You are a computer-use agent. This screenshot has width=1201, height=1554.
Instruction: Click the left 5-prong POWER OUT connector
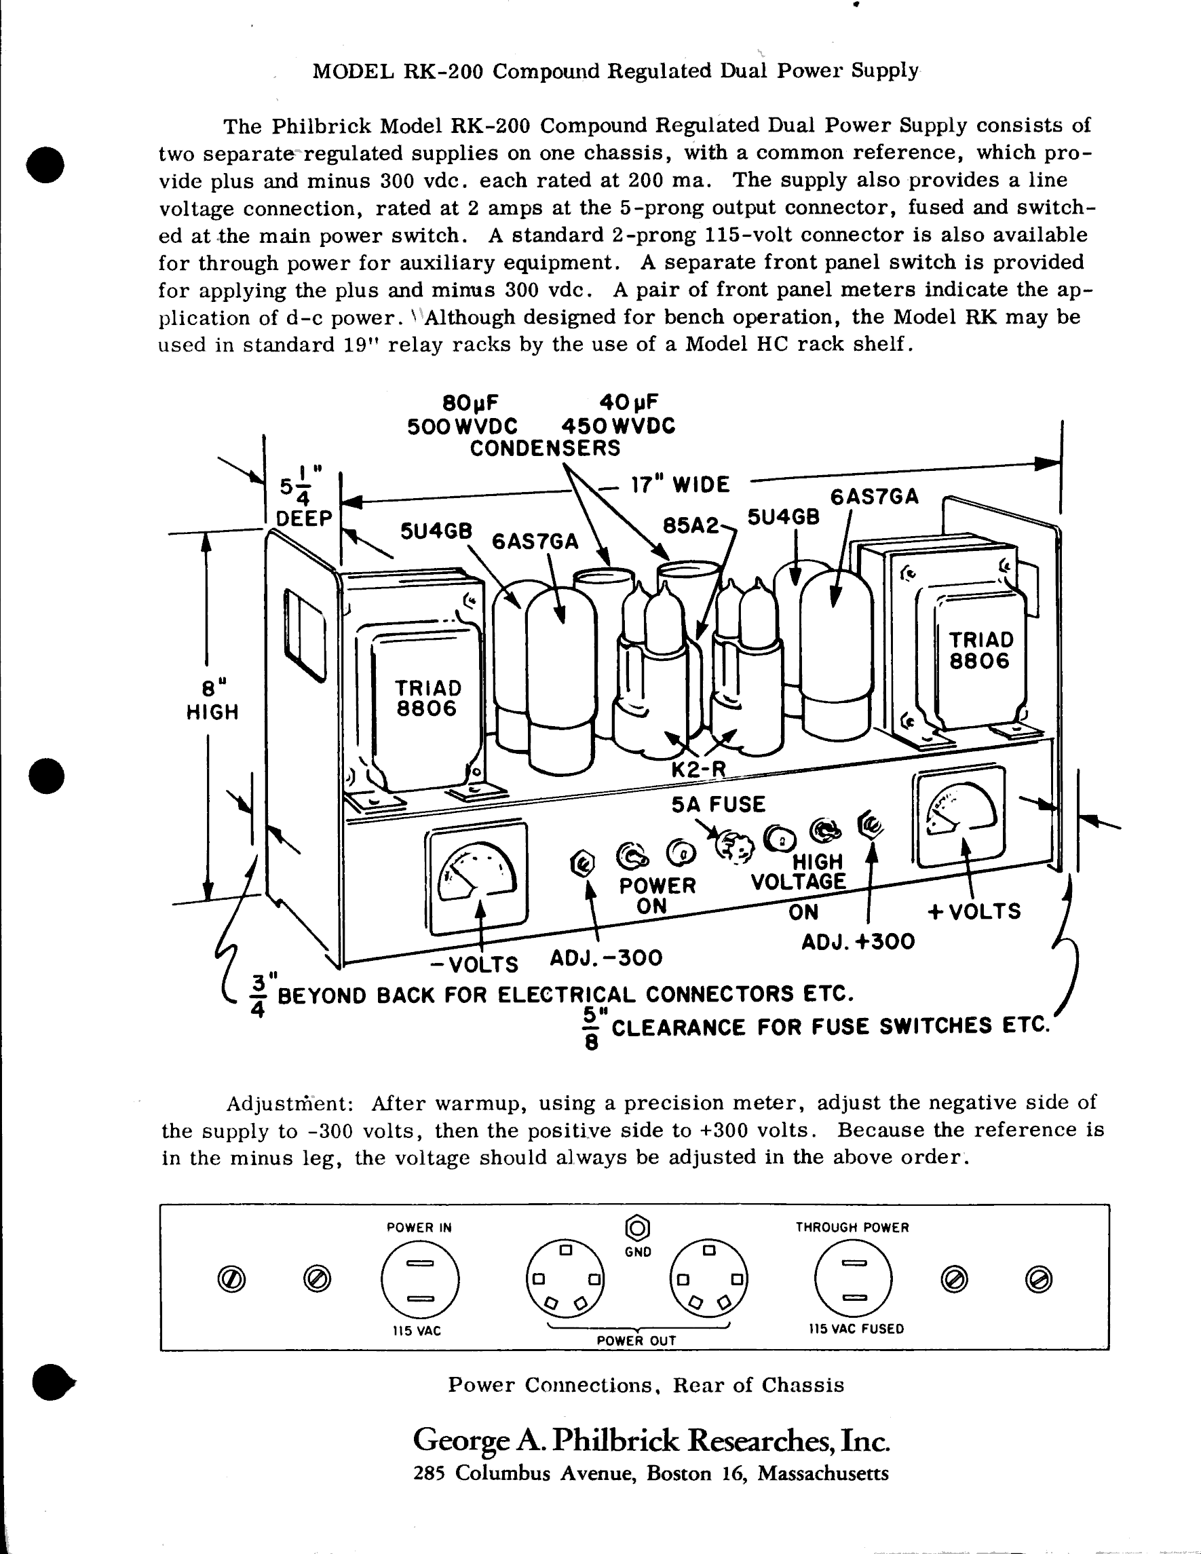click(565, 1278)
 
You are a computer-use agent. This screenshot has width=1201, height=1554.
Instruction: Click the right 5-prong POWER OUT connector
click(708, 1278)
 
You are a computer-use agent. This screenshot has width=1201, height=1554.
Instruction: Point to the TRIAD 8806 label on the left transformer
click(427, 698)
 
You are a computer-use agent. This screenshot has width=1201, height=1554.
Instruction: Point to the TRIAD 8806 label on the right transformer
click(980, 649)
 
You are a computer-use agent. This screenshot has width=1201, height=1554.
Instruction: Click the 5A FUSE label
click(718, 804)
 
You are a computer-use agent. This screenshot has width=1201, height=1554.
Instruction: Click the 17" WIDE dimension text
click(680, 485)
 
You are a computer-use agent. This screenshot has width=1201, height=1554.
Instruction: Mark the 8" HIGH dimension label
click(212, 701)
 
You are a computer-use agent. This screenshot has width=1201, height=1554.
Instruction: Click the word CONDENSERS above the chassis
click(545, 449)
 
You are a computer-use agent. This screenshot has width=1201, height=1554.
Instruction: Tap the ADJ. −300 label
click(605, 958)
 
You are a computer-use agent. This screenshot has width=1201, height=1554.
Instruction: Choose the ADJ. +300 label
click(858, 942)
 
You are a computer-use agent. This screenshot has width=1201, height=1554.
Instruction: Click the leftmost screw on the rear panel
click(231, 1280)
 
